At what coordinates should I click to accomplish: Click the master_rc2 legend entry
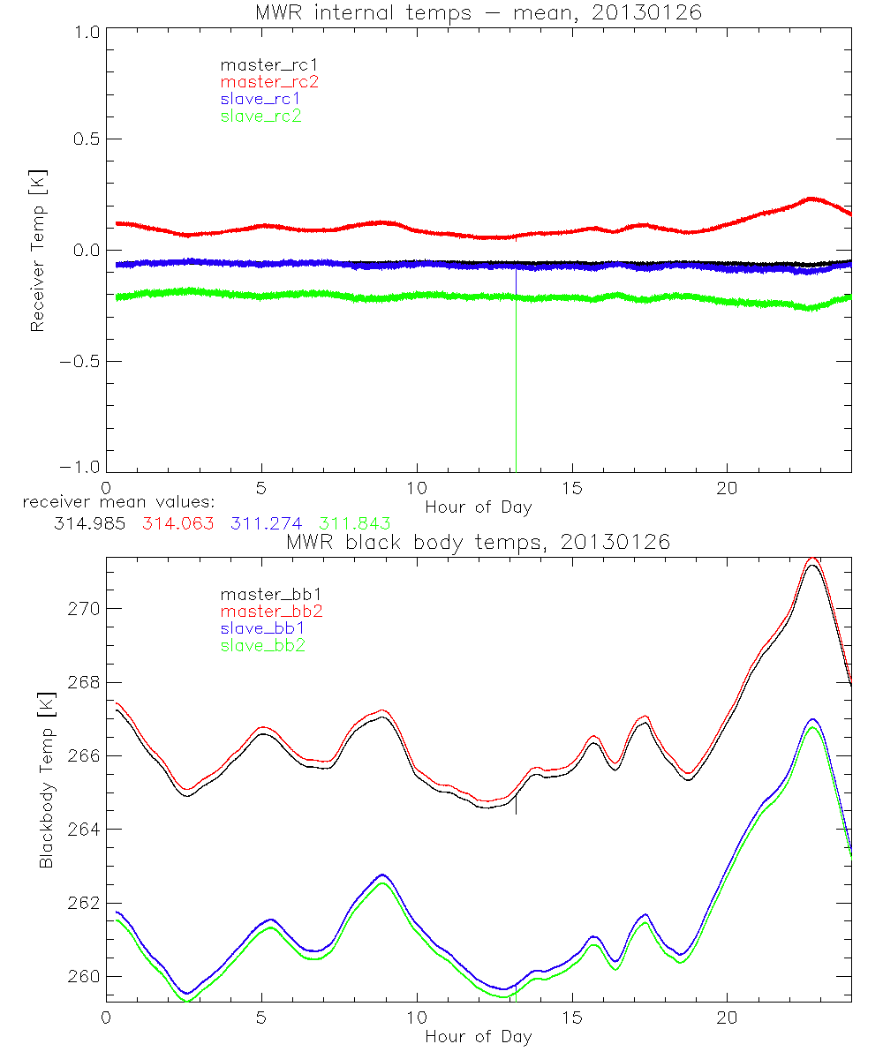click(x=269, y=82)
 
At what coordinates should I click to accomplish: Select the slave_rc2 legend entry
click(x=260, y=116)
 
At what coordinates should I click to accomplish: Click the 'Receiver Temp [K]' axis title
click(x=37, y=252)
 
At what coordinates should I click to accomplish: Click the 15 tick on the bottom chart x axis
click(x=572, y=1017)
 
